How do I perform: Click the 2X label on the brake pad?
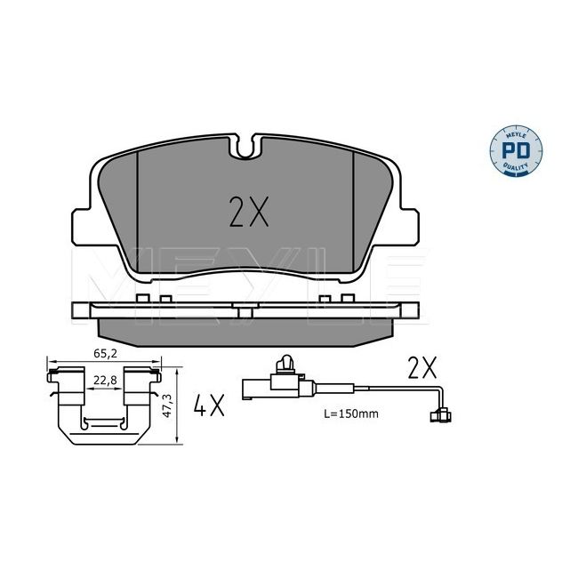[249, 212]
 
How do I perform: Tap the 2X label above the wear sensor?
[422, 367]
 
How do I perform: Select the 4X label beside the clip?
[209, 405]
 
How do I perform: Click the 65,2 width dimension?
[106, 354]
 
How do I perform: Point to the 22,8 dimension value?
[105, 380]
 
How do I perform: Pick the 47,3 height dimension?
[167, 405]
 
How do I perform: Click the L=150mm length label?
[351, 413]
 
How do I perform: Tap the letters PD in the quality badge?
[517, 151]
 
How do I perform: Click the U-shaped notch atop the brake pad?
[245, 147]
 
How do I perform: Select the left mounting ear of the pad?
[82, 227]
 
